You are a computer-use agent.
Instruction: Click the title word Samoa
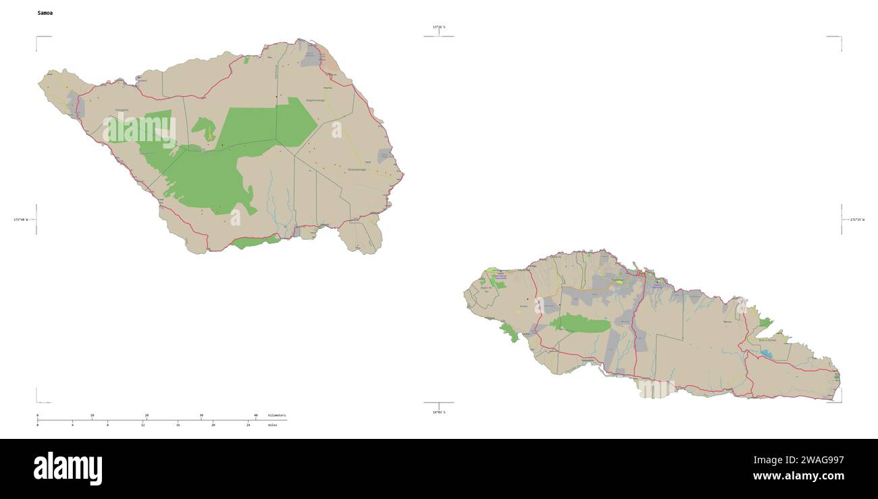click(45, 13)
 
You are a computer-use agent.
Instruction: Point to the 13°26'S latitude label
click(439, 27)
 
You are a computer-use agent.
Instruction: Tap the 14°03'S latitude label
click(439, 412)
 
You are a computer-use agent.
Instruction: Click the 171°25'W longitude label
click(857, 219)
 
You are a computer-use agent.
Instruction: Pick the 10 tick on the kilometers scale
click(92, 415)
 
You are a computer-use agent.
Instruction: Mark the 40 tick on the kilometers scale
click(255, 415)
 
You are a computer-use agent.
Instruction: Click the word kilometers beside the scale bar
click(277, 415)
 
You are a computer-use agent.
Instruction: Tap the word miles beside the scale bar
click(273, 425)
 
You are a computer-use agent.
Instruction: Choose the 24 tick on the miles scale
click(248, 425)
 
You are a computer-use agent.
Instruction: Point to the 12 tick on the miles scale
click(143, 425)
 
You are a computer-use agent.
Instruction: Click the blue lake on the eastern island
click(767, 352)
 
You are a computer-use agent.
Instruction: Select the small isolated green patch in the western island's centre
click(203, 126)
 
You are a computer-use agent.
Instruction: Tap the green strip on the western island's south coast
click(255, 242)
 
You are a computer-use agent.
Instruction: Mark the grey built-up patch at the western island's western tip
click(72, 103)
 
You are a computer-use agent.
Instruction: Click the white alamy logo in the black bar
click(68, 469)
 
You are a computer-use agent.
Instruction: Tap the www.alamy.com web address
click(798, 476)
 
